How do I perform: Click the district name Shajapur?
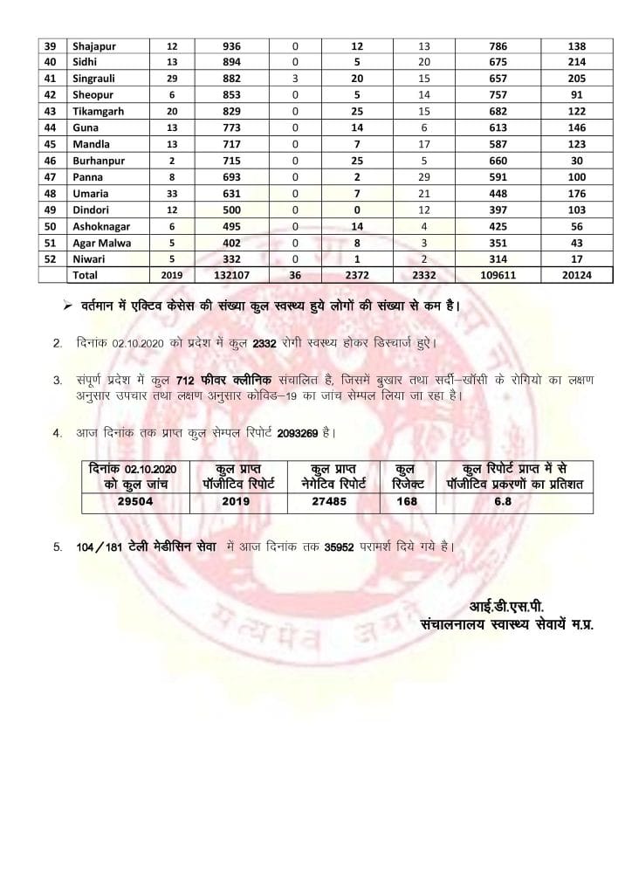[95, 45]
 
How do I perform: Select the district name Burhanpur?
[103, 161]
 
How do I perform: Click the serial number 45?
[50, 144]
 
